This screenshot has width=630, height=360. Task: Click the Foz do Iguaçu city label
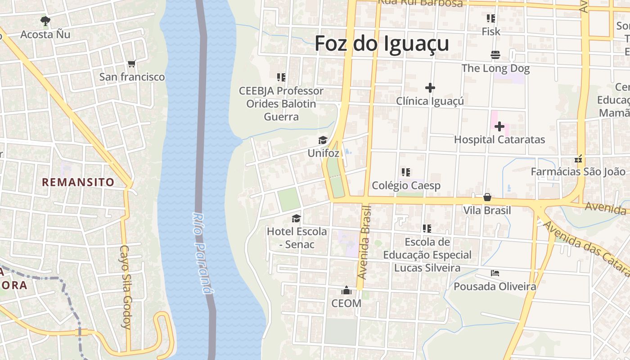(382, 44)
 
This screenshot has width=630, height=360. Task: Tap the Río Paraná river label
(202, 253)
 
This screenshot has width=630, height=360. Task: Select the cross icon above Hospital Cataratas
(499, 126)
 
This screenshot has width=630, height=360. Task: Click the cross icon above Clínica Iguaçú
(430, 88)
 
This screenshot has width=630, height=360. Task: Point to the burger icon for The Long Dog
(495, 55)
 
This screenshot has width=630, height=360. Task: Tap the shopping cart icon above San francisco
(132, 64)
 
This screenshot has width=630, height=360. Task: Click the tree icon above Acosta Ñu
(45, 21)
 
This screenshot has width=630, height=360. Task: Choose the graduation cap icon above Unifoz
(323, 140)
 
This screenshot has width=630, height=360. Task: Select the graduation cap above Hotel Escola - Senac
(296, 219)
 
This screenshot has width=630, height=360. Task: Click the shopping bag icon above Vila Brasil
(487, 197)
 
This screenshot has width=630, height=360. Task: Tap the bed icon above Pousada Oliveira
(495, 273)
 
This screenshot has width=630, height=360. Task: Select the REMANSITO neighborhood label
(78, 182)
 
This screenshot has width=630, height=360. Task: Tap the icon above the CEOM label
(346, 290)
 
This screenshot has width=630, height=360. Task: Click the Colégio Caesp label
(406, 185)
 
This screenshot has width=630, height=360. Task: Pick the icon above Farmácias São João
(579, 159)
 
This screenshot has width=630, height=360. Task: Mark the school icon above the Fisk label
(490, 18)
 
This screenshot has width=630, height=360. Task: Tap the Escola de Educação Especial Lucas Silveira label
(427, 255)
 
